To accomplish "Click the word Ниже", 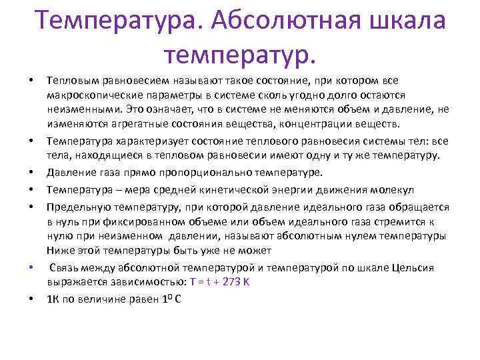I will pyautogui.click(x=58, y=250).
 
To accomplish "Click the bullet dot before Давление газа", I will pyautogui.click(x=32, y=172).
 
